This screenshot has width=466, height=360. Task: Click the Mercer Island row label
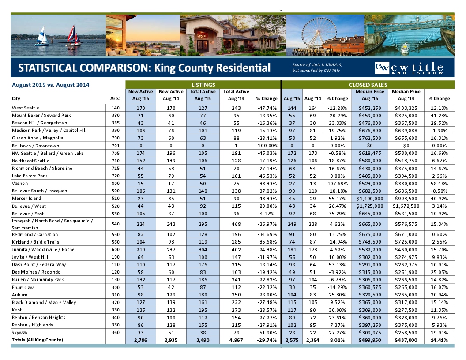pos(27,199)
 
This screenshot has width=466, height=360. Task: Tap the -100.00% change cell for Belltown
pos(267,146)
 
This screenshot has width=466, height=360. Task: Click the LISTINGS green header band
pos(203,85)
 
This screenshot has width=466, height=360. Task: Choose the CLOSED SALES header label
pos(368,85)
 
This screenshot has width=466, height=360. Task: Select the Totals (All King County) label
pos(38,340)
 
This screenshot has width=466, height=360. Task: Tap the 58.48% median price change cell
pos(439,184)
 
